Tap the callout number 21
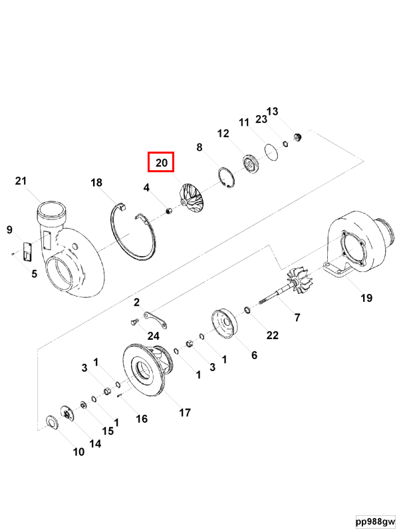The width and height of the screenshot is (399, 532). [x=21, y=181]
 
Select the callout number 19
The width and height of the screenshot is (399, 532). [x=366, y=298]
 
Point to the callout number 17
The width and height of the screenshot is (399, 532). [x=185, y=412]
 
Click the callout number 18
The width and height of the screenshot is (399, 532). [x=97, y=183]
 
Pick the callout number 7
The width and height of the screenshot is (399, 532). [x=297, y=317]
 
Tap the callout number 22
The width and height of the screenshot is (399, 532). [x=272, y=335]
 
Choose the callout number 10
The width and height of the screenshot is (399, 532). [x=78, y=452]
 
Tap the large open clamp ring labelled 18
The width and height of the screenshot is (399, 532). [x=133, y=233]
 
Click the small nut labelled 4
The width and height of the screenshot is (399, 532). [x=169, y=211]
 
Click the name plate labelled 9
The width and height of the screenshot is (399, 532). [x=28, y=251]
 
